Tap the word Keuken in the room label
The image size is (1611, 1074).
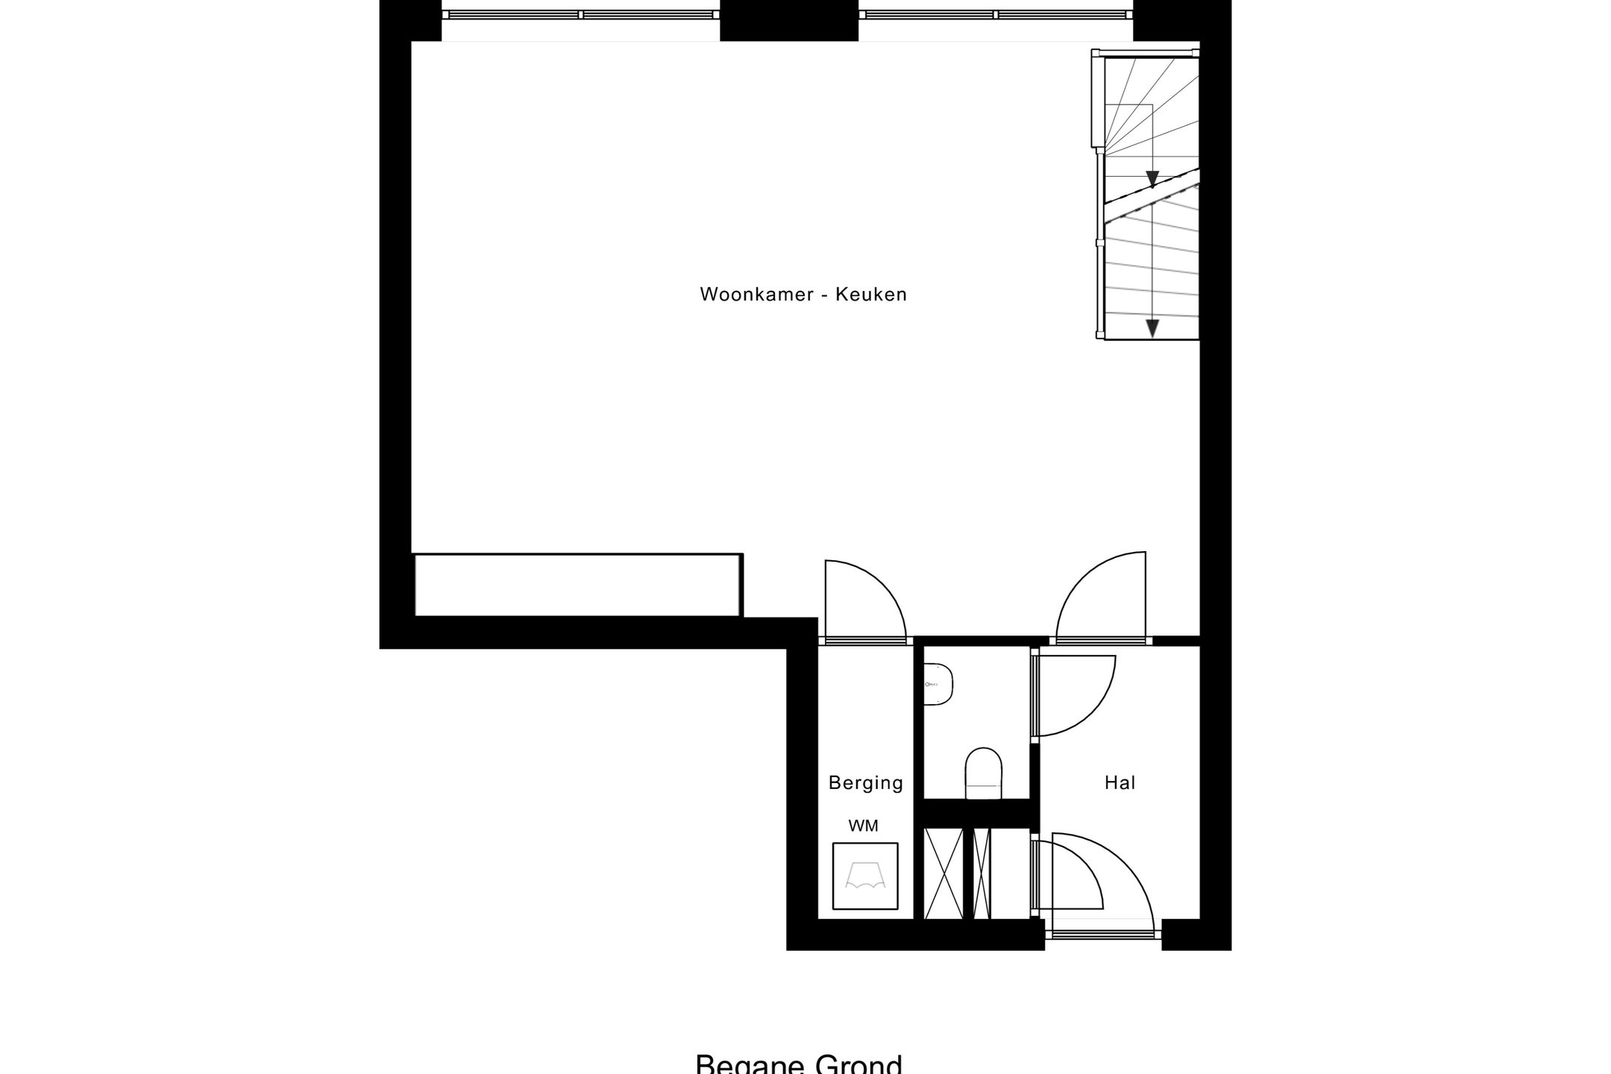870,295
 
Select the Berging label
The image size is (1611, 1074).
865,783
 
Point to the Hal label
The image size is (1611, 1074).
1119,782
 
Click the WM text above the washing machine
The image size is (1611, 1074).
863,826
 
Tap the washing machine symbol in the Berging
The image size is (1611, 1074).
865,876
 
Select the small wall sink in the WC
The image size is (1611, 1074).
940,685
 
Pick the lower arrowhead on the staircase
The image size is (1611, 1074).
1152,327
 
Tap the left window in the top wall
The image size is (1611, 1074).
581,15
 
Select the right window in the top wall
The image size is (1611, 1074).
996,15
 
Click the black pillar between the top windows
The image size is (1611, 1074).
788,20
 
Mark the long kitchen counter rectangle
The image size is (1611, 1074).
578,585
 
